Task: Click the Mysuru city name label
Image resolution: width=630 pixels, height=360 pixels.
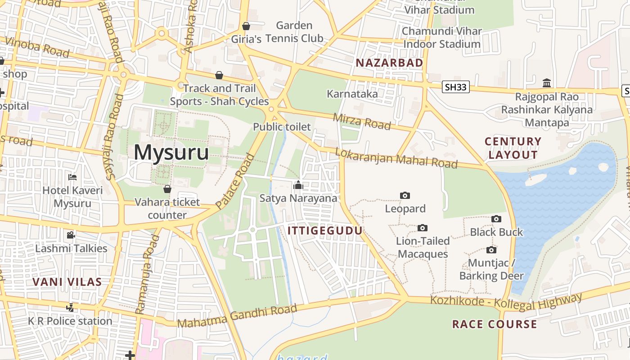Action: pyautogui.click(x=171, y=152)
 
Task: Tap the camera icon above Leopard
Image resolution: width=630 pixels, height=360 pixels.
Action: pyautogui.click(x=405, y=195)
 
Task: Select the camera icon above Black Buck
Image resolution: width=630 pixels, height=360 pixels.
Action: pyautogui.click(x=496, y=219)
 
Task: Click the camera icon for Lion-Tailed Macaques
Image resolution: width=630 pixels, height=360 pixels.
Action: pyautogui.click(x=422, y=228)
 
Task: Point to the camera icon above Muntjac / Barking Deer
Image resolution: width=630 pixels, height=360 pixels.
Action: pyautogui.click(x=491, y=250)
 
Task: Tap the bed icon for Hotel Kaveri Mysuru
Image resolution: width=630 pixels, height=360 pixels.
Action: pyautogui.click(x=72, y=177)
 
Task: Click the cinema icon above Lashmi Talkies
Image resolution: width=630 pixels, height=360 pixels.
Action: pyautogui.click(x=71, y=235)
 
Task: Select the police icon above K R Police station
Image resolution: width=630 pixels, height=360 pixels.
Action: pyautogui.click(x=70, y=308)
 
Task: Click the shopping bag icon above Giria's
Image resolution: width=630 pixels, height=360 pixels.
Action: pyautogui.click(x=246, y=26)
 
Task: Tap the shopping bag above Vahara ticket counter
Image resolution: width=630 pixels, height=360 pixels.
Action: pyautogui.click(x=167, y=189)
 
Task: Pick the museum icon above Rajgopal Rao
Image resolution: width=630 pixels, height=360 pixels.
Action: pyautogui.click(x=547, y=83)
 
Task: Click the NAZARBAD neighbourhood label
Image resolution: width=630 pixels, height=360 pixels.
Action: pyautogui.click(x=389, y=63)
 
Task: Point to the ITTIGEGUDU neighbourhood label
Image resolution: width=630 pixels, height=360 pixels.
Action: pyautogui.click(x=325, y=231)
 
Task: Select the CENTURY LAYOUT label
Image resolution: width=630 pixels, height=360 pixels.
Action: pyautogui.click(x=513, y=148)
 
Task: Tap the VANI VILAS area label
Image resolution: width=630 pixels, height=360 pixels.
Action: pyautogui.click(x=67, y=282)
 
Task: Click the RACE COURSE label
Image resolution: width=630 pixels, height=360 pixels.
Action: pyautogui.click(x=495, y=324)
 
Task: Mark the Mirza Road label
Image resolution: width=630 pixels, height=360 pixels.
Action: pyautogui.click(x=362, y=121)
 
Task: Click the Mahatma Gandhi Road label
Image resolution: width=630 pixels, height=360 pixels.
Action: pyautogui.click(x=237, y=316)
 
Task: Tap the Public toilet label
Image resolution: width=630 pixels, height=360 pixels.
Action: pyautogui.click(x=282, y=127)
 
